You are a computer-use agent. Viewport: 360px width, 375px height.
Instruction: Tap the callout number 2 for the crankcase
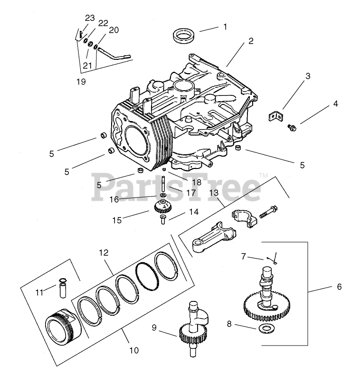[x=250, y=42]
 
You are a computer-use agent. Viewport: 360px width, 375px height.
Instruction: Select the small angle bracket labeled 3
[x=276, y=115]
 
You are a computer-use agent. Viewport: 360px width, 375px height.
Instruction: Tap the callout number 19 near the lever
[x=81, y=82]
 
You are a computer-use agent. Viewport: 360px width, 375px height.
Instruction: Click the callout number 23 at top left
[x=90, y=18]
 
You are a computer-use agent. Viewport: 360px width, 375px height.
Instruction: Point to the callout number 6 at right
[x=339, y=287]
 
